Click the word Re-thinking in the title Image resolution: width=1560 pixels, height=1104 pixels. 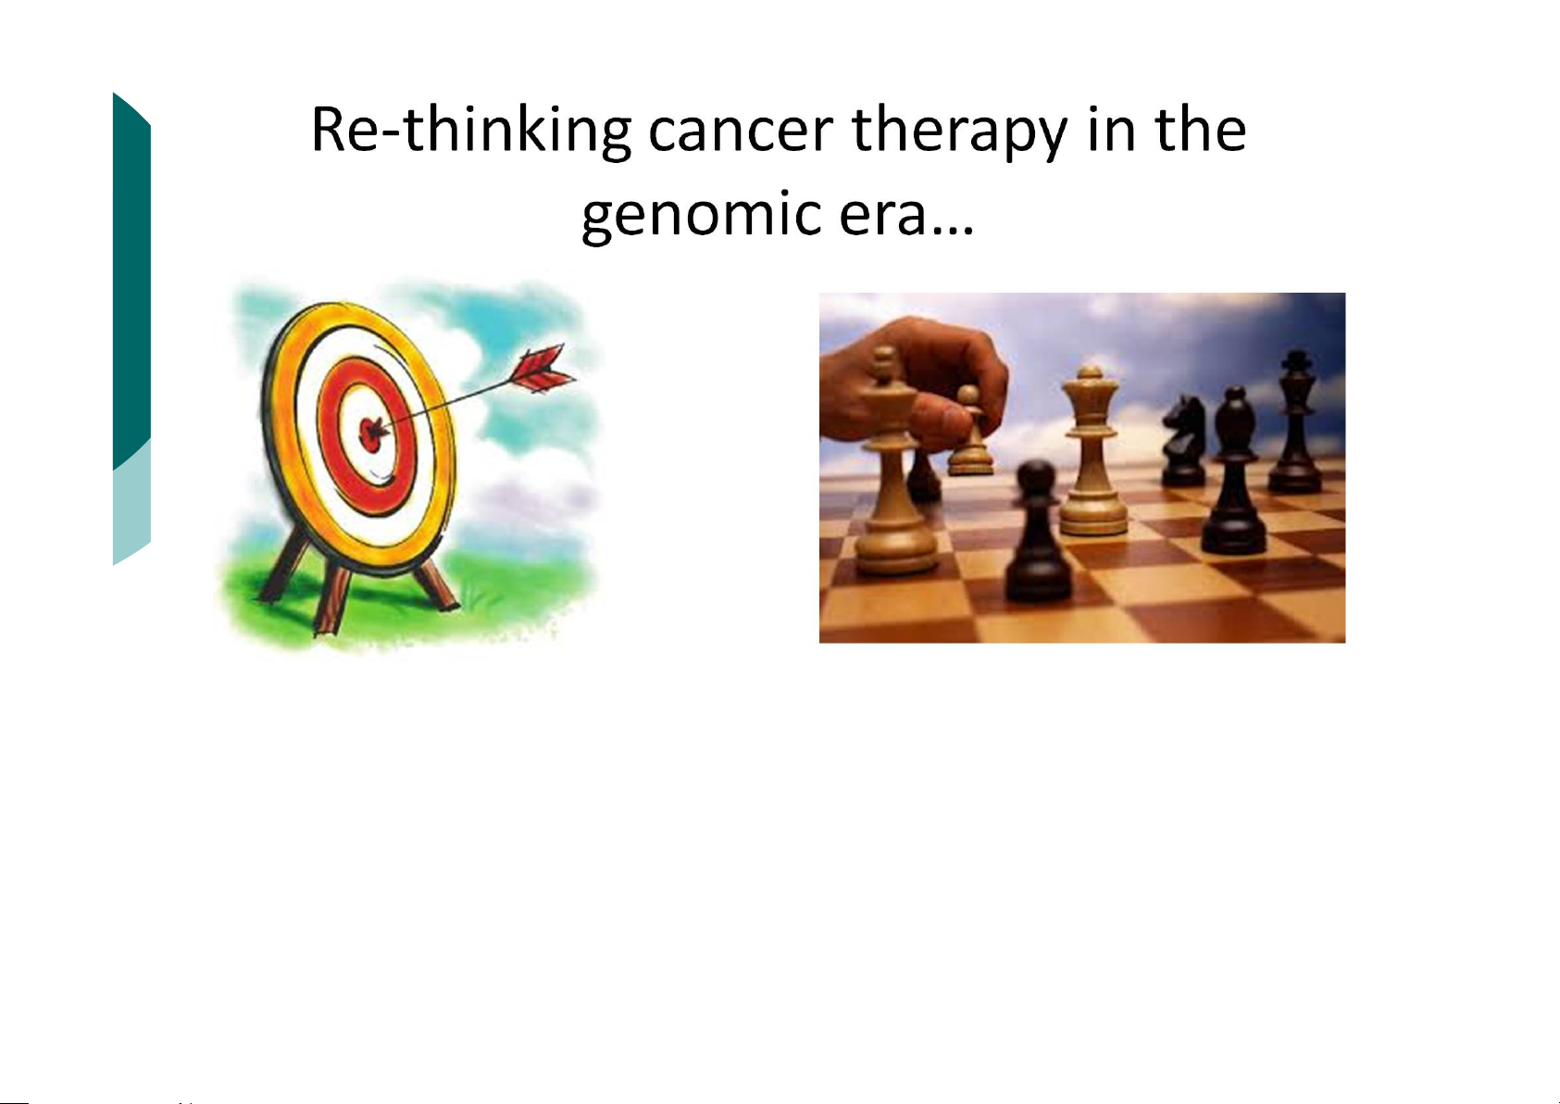coord(471,132)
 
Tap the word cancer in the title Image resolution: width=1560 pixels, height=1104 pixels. coord(741,132)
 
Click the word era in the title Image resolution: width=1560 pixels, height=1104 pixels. coord(882,216)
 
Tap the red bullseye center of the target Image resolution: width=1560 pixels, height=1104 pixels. coord(371,434)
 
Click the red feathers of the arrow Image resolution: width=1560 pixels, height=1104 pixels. coord(542,368)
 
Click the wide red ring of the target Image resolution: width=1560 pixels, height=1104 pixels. coord(328,432)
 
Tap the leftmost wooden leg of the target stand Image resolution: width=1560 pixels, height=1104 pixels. coord(285,564)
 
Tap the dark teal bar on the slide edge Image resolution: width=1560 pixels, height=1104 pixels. coord(131,279)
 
